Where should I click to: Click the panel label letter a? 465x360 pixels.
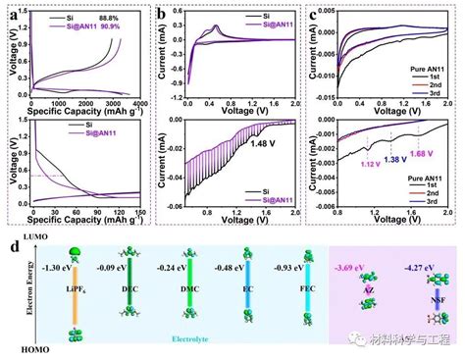click(9, 13)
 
